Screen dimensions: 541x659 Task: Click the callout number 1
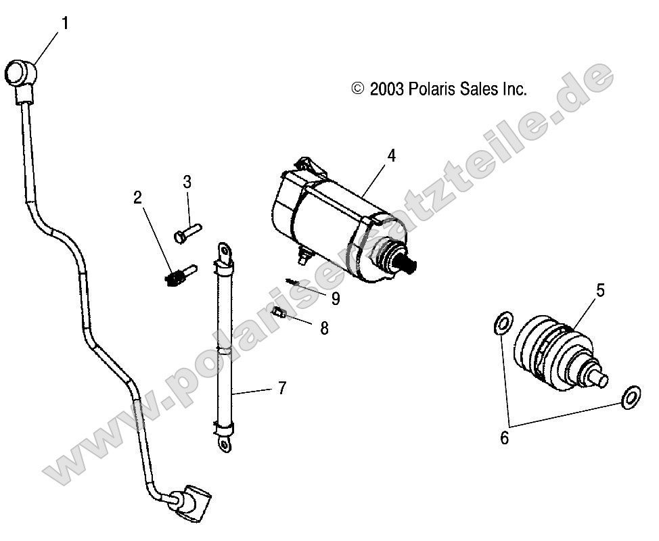point(65,24)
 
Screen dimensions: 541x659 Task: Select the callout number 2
point(137,197)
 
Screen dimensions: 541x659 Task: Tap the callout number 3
point(187,182)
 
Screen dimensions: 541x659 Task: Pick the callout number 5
point(600,291)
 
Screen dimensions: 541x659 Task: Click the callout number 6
point(504,438)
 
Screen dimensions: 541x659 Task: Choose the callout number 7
point(281,388)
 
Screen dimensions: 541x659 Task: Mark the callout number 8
point(324,328)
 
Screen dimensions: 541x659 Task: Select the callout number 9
point(336,297)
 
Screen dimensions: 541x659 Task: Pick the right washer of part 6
point(630,397)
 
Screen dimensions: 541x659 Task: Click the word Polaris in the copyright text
point(434,89)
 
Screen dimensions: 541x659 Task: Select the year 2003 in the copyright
point(388,89)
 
